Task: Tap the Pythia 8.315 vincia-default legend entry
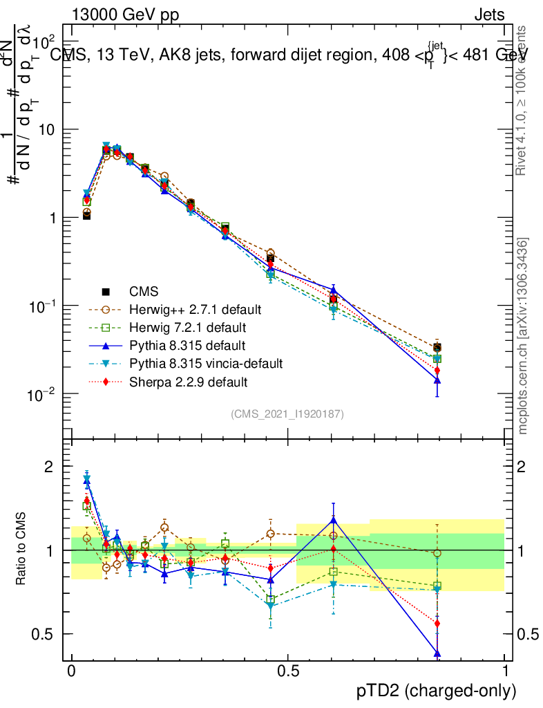tap(206, 363)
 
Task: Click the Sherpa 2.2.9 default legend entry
tap(188, 381)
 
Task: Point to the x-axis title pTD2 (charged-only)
tap(436, 690)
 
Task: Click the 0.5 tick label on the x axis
tap(287, 671)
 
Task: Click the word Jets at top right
tap(489, 15)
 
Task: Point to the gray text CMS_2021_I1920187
tap(287, 413)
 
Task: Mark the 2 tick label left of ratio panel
tap(48, 467)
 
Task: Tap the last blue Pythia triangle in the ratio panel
tap(437, 653)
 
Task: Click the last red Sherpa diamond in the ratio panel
tap(437, 623)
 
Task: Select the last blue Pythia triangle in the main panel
tap(437, 380)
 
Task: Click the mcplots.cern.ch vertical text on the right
tap(523, 336)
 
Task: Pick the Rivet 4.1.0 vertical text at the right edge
tap(523, 101)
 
